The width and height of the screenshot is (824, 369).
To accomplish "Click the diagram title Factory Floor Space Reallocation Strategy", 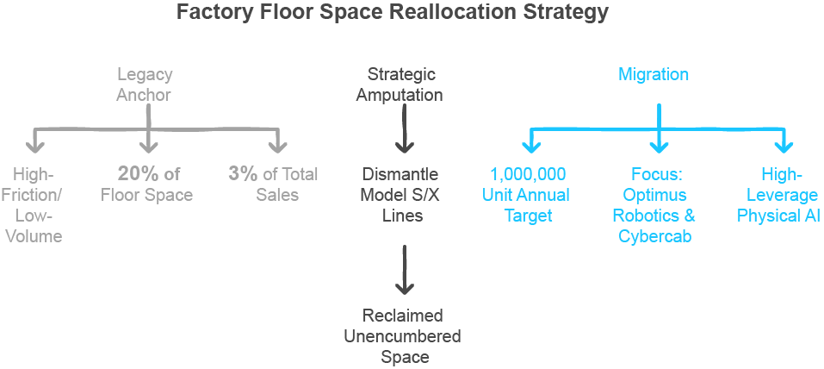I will tap(392, 13).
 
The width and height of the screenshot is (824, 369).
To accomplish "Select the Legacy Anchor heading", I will tap(145, 84).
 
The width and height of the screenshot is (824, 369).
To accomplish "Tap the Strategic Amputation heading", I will tap(400, 84).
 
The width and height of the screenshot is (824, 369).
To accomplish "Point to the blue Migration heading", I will tap(654, 75).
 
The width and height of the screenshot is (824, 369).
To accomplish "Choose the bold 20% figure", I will tap(138, 173).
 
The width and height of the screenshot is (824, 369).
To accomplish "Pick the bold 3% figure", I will tap(243, 173).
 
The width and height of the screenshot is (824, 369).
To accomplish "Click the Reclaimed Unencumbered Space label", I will tap(402, 335).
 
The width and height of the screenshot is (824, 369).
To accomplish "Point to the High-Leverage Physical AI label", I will tap(778, 195).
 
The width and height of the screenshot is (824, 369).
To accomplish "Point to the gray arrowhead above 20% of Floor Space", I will tap(149, 142).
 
